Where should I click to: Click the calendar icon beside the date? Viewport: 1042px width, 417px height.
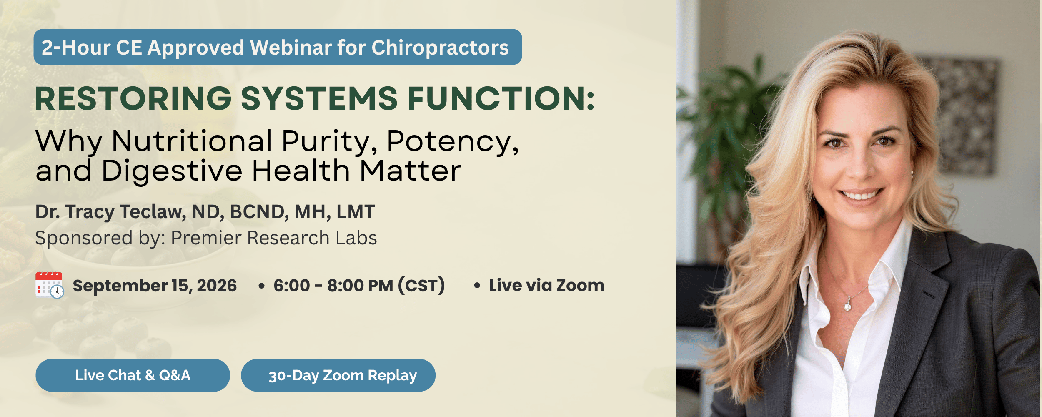[x=50, y=285]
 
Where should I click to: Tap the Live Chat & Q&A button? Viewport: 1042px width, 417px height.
[x=133, y=375]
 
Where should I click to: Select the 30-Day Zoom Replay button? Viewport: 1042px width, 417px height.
[x=338, y=375]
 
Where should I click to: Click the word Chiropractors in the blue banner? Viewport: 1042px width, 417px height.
[x=440, y=48]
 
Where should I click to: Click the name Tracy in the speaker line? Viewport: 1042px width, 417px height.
[x=90, y=212]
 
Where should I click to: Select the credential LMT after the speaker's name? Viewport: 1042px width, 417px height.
[x=356, y=211]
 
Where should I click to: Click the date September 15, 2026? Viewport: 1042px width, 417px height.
[x=155, y=286]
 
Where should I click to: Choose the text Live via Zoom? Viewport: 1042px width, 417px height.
[x=546, y=286]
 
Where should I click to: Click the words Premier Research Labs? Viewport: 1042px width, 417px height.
[x=274, y=238]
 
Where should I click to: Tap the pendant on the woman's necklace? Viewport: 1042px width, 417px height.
[x=848, y=306]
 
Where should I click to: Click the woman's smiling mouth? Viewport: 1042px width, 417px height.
[x=862, y=194]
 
